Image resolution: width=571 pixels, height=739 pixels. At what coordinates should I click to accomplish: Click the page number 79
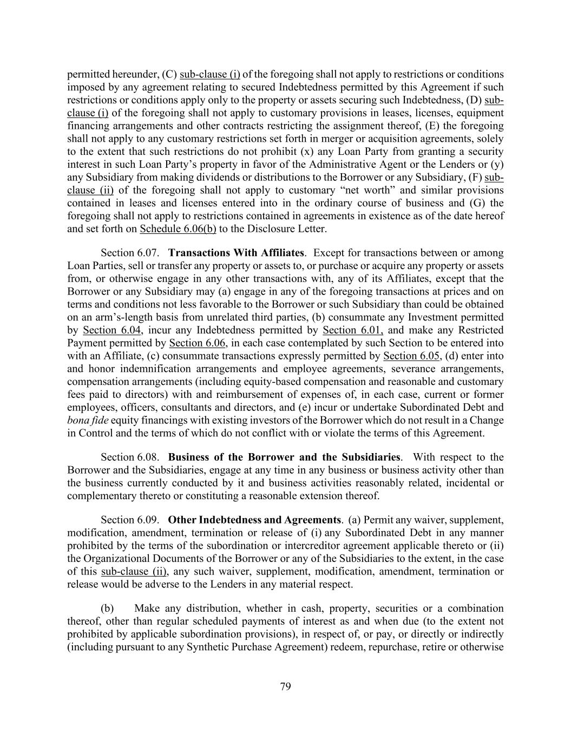click(285, 687)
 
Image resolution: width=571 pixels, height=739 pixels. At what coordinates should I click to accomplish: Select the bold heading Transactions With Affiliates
click(236, 253)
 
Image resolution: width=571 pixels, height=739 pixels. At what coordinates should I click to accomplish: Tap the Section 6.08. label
click(130, 457)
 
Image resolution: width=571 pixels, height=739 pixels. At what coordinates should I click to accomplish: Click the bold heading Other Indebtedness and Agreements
click(255, 520)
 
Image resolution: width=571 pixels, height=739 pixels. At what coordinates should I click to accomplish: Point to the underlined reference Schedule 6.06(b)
click(178, 228)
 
